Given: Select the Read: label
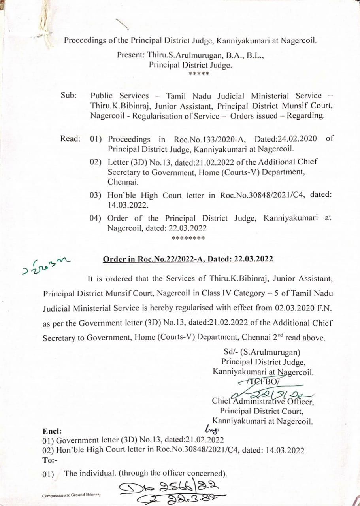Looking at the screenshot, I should pyautogui.click(x=70, y=139).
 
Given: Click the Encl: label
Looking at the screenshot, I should pyautogui.click(x=52, y=431).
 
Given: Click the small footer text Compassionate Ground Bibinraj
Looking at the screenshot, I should pyautogui.click(x=71, y=495).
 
